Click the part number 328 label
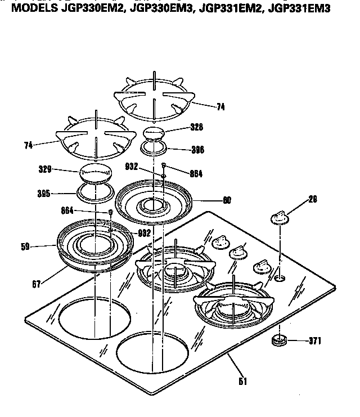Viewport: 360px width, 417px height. point(197,128)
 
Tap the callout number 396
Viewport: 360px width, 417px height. point(197,150)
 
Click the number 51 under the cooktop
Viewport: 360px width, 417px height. point(242,380)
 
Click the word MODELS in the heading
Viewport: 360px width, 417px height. point(34,8)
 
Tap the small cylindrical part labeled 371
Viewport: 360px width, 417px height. point(278,340)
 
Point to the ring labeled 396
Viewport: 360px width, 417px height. point(154,149)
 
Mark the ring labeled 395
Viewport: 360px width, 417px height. point(94,192)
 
